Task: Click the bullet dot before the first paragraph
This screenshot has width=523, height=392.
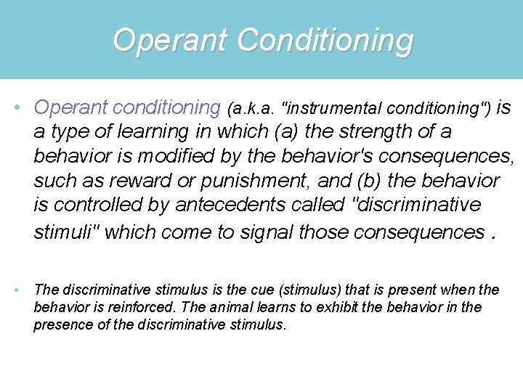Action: [x=17, y=108]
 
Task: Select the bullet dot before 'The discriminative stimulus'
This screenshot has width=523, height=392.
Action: [x=17, y=290]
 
